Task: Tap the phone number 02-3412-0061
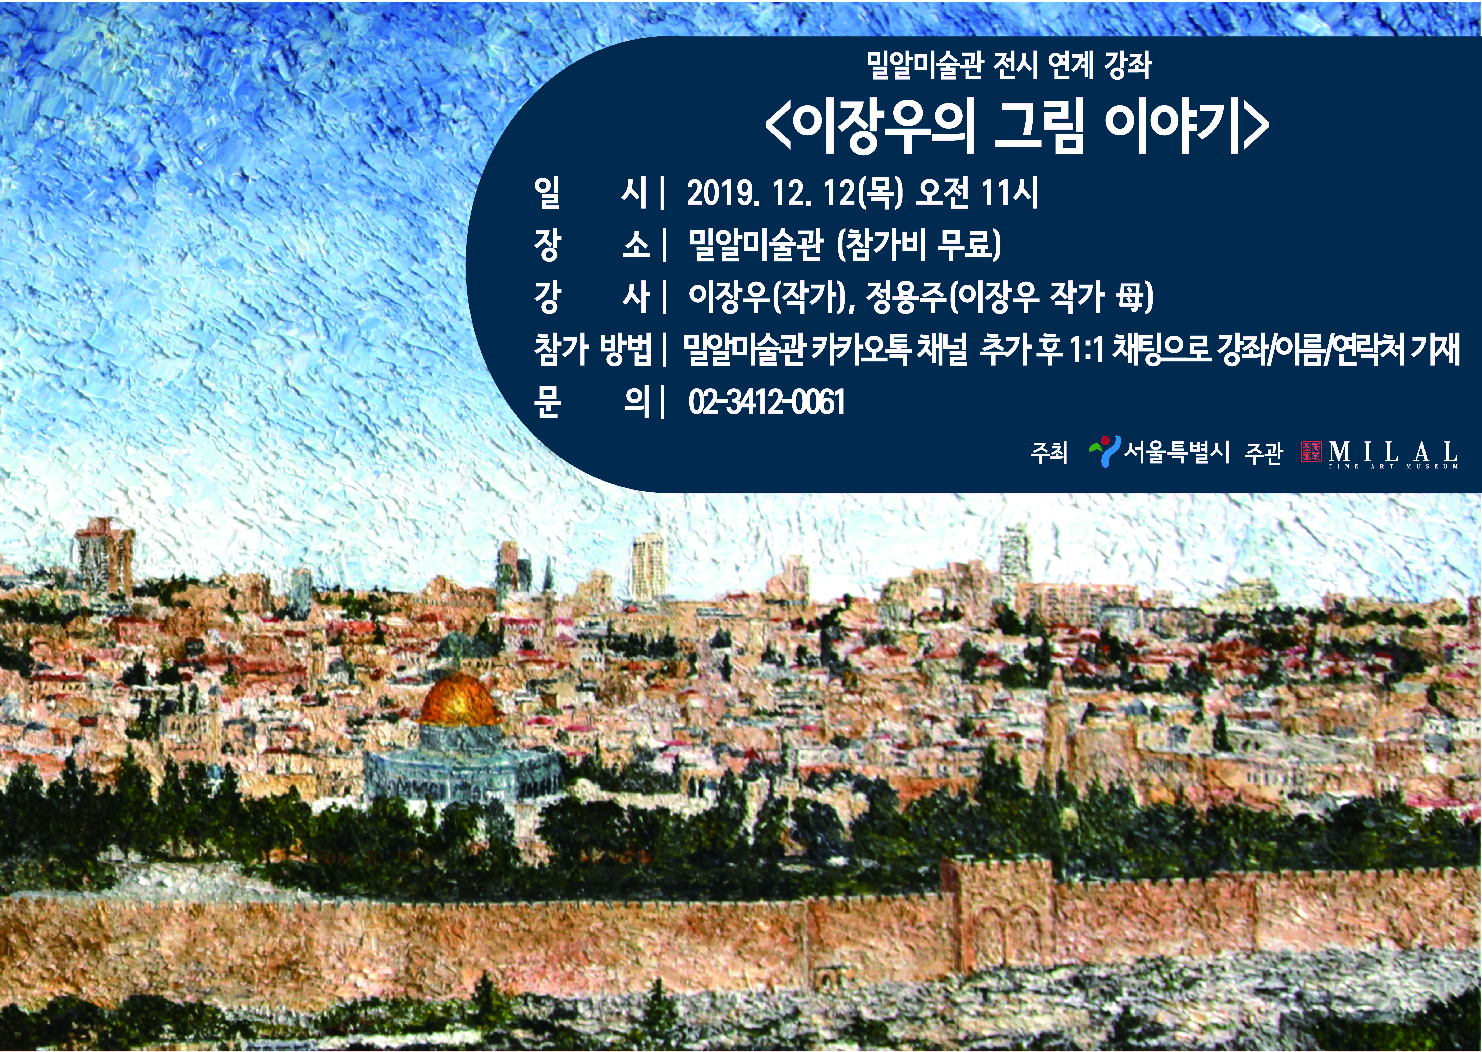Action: click(767, 402)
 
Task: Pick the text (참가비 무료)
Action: click(918, 245)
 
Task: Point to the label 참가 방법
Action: click(593, 350)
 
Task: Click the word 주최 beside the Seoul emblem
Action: click(1049, 452)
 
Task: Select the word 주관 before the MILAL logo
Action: click(1263, 452)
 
